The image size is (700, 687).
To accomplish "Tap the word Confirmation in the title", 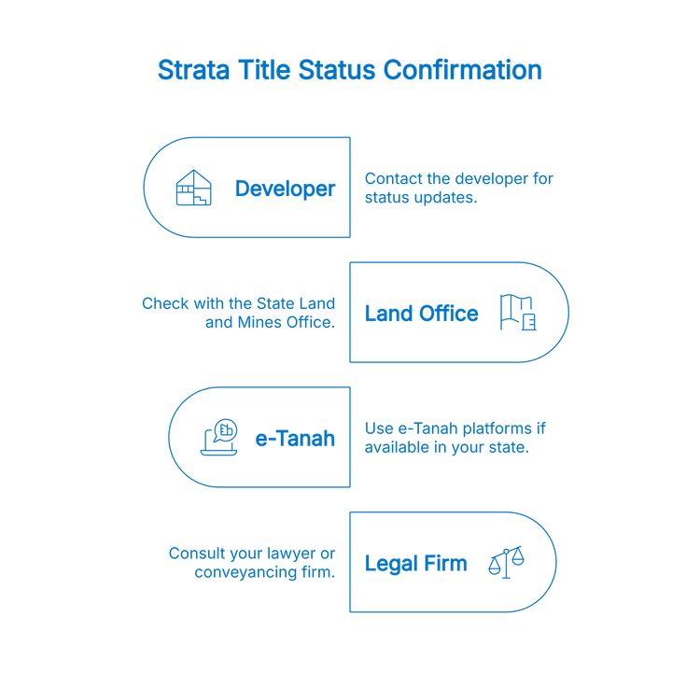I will pos(463,71).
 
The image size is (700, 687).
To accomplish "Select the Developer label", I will pos(285,189).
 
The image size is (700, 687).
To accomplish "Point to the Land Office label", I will pos(421,314).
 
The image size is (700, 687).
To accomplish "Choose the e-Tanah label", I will pos(295,438).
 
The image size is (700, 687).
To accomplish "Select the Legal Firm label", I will pos(414,563).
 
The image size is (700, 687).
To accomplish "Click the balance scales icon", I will pos(507,562).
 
